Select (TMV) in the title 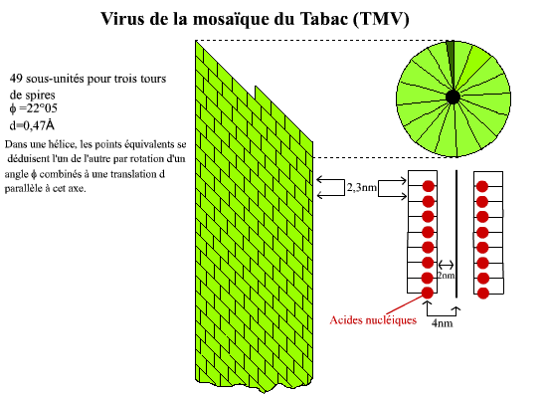coord(381,19)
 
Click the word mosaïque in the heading coord(232,20)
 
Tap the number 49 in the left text coord(16,79)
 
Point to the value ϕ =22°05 coord(33,108)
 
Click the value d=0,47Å coord(32,124)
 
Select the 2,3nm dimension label coord(362,187)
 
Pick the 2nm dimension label coord(447,275)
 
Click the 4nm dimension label coord(442,323)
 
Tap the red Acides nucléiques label coord(373,320)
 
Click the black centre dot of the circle coord(453,97)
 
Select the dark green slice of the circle coord(451,60)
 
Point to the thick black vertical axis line coord(456,234)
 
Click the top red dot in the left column coord(429,186)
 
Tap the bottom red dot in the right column coord(482,294)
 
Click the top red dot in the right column coord(482,186)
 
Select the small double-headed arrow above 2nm coord(447,265)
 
